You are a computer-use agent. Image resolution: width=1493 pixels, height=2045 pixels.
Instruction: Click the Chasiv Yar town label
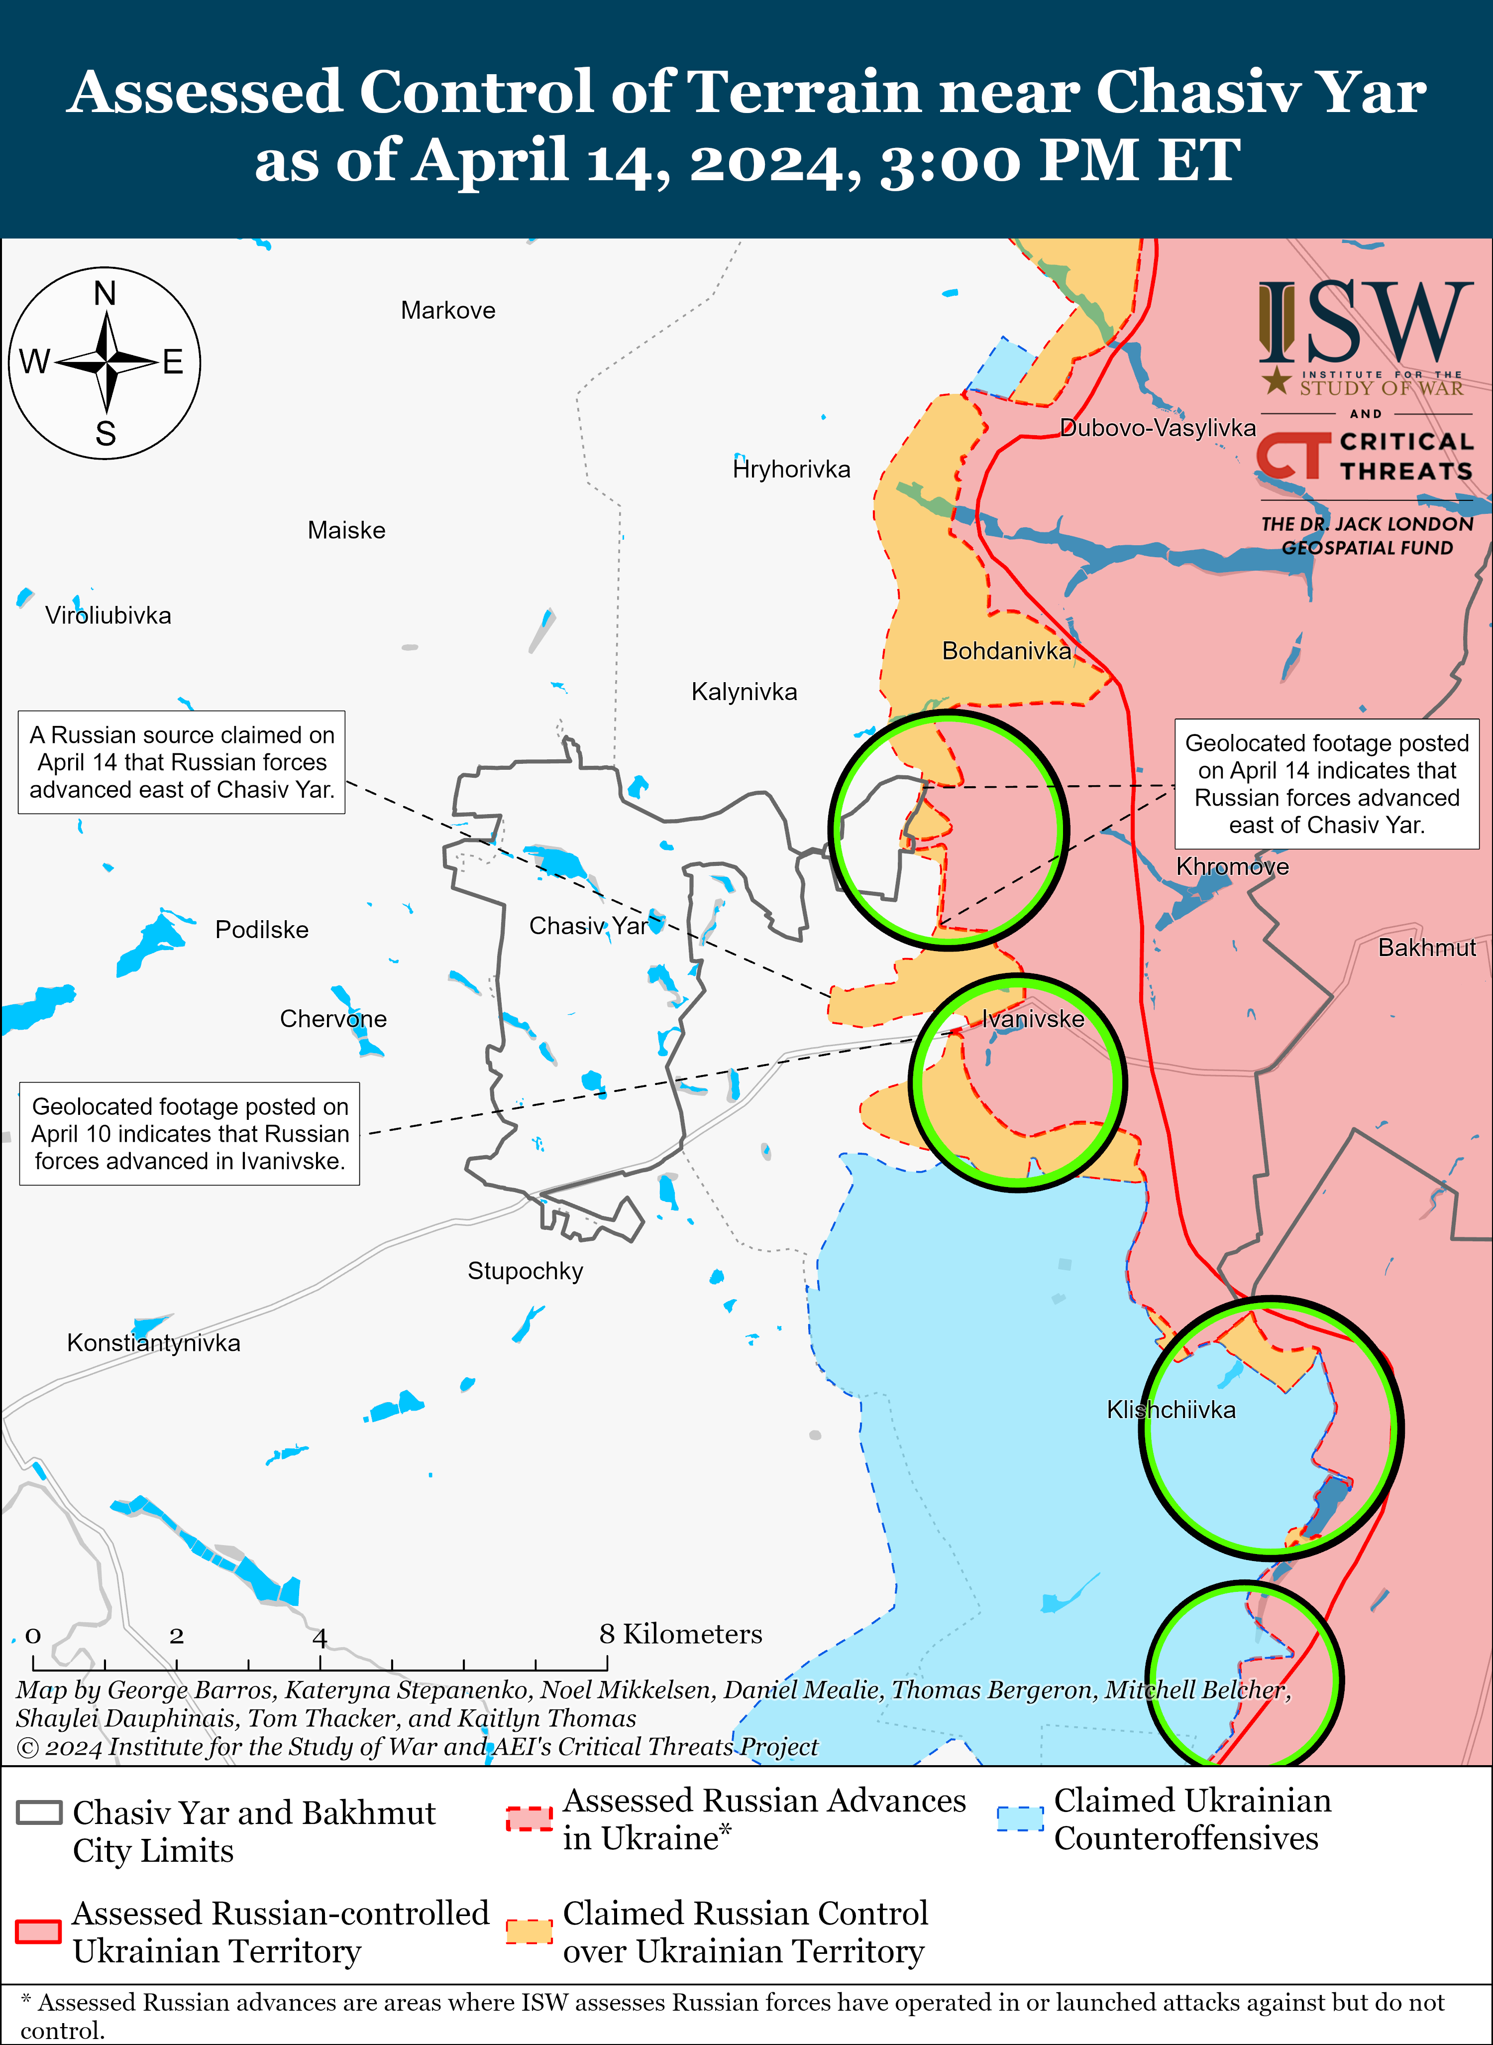tap(588, 926)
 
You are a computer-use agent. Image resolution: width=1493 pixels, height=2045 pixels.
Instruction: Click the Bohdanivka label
tap(1006, 651)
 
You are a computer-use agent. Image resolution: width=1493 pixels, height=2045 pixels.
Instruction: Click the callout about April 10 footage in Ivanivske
tap(190, 1134)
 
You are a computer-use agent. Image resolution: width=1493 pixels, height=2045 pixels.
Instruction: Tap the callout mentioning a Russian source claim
tap(182, 762)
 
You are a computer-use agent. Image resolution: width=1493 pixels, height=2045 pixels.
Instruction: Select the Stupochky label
tap(525, 1271)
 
